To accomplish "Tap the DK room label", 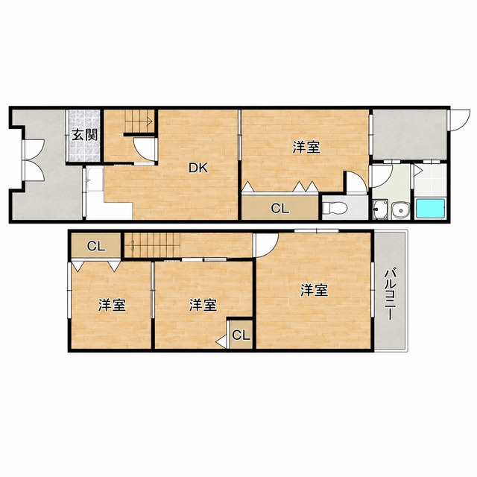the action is coord(198,168).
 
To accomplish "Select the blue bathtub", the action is coord(431,209).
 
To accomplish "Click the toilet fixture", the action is coord(335,209).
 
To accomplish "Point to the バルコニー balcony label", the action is coord(390,294).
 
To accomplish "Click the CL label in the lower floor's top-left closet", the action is coord(96,246).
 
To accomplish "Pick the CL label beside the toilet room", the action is coord(280,209).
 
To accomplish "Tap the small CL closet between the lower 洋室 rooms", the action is coord(241,335).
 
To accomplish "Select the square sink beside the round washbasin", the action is coord(379,209).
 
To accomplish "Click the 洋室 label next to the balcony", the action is coord(314,290).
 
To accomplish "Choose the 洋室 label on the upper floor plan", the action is coord(306,148).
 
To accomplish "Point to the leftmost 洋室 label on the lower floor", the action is coord(112,305).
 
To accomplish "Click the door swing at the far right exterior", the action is coord(460,120).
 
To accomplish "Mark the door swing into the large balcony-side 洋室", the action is coord(267,245).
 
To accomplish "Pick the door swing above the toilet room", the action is coord(357,182).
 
